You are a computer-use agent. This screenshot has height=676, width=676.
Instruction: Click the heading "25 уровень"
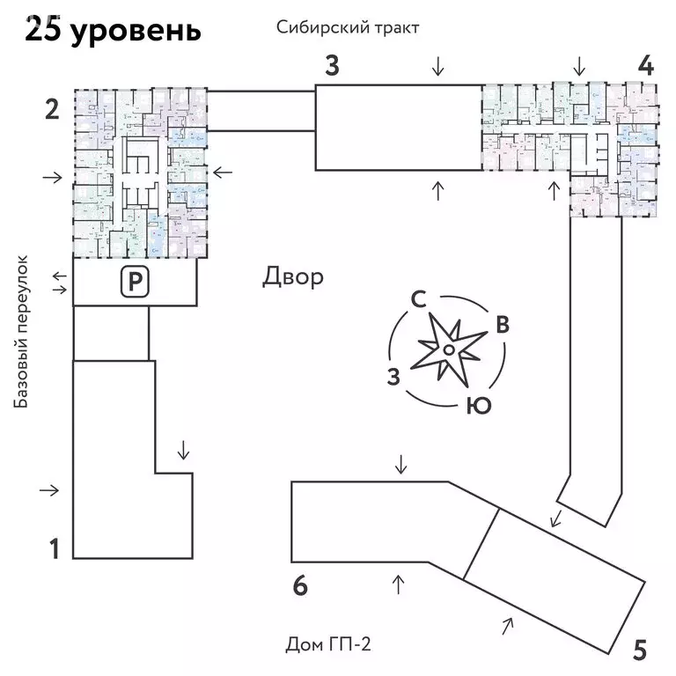(x=113, y=30)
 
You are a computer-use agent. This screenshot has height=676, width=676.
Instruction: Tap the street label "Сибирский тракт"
(x=347, y=26)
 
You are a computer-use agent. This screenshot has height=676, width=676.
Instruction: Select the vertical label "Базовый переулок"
(x=22, y=332)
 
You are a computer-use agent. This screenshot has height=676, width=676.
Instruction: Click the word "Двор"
(x=293, y=277)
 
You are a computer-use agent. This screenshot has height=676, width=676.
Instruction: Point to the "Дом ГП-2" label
(x=329, y=645)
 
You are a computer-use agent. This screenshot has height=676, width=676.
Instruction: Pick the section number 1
(x=54, y=549)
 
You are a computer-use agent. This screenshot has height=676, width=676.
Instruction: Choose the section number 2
(x=52, y=110)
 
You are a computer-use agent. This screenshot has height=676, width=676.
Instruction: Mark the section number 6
(x=300, y=585)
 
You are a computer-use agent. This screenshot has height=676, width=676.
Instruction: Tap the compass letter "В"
(x=502, y=324)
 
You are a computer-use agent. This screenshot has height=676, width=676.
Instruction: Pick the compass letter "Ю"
(x=477, y=405)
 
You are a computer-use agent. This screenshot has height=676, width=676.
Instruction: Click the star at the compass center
(x=448, y=350)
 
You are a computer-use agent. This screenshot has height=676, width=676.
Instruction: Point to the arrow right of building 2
(x=222, y=172)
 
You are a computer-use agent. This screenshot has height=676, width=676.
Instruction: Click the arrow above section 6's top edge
(x=401, y=464)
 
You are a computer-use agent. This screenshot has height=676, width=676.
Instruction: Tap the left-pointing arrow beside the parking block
(x=59, y=276)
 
